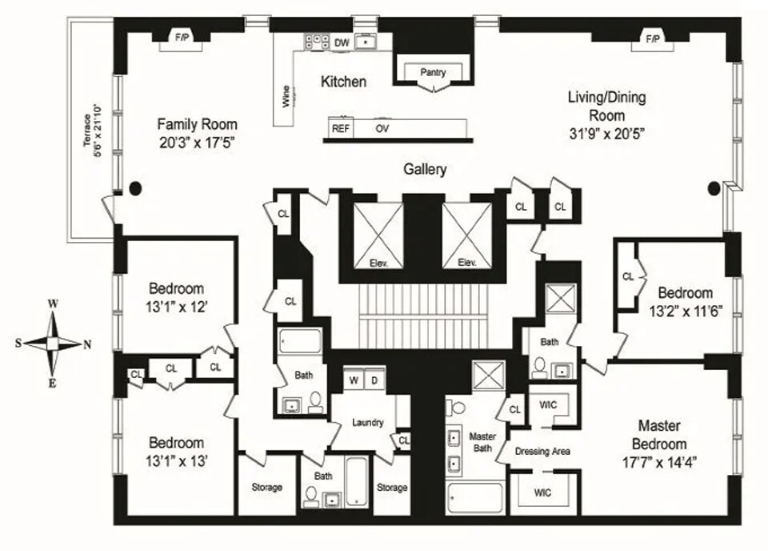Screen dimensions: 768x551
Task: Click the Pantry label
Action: pyautogui.click(x=433, y=72)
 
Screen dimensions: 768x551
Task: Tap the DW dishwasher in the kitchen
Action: pyautogui.click(x=342, y=42)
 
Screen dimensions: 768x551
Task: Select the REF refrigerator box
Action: pyautogui.click(x=341, y=128)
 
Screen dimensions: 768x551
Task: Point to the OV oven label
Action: pyautogui.click(x=382, y=128)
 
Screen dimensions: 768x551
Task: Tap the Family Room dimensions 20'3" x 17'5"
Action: pyautogui.click(x=197, y=143)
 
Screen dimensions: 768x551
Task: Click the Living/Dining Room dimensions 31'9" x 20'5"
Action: pyautogui.click(x=606, y=134)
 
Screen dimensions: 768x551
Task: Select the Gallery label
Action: pyautogui.click(x=425, y=169)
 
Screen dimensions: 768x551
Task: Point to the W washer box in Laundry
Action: pyautogui.click(x=354, y=380)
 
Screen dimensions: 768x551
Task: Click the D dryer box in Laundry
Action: pyautogui.click(x=374, y=380)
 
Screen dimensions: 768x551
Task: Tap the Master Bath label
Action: pyautogui.click(x=482, y=442)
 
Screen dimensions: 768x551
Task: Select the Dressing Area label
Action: pyautogui.click(x=542, y=451)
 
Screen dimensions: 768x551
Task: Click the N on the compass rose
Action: pyautogui.click(x=87, y=344)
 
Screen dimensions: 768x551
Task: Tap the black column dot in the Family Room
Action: pyautogui.click(x=135, y=187)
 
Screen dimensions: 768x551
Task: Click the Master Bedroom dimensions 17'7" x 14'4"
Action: pyautogui.click(x=659, y=462)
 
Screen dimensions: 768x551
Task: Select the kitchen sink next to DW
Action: pyautogui.click(x=366, y=42)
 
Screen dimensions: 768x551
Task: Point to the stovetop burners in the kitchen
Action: pyautogui.click(x=317, y=41)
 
